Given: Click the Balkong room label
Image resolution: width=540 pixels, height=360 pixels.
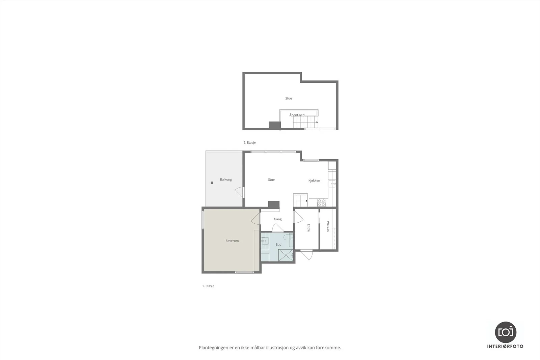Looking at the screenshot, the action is point(226,179).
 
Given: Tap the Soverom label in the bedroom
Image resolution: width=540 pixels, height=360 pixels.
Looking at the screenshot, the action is point(232,241).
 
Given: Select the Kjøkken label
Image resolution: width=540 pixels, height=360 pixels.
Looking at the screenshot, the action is point(314,181).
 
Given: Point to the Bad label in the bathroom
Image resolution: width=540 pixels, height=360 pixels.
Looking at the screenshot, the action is point(278,245).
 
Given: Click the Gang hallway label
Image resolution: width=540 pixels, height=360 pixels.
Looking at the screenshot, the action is point(278,219).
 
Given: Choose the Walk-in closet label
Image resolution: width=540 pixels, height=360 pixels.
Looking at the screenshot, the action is point(328,226).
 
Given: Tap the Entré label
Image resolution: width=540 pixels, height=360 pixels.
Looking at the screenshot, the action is point(308,228).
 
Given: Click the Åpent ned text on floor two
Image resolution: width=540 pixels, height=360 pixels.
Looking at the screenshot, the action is point(297,115).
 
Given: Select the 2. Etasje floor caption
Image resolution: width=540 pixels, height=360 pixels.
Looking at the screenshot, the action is point(249,142).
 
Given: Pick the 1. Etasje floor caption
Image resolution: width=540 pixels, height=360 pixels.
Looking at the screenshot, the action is point(208,286).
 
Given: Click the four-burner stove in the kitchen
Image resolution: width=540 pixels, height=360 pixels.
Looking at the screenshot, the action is point(321,203).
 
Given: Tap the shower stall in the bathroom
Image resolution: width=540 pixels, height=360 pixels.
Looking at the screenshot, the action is point(286,255).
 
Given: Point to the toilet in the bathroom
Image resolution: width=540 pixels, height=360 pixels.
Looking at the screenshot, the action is point(288,237).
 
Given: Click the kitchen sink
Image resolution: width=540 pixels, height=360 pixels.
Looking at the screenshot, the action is point(332,184).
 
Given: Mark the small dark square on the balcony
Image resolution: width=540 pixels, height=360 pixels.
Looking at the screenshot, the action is point(212,183).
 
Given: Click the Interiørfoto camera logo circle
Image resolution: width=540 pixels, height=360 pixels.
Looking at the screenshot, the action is point(506,332).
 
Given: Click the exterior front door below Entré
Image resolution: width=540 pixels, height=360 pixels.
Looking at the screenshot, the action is point(307,255).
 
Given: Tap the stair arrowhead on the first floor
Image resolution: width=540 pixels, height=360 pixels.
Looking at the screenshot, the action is point(307,201).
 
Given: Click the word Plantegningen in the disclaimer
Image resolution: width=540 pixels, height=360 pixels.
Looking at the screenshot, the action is point(214,348).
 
